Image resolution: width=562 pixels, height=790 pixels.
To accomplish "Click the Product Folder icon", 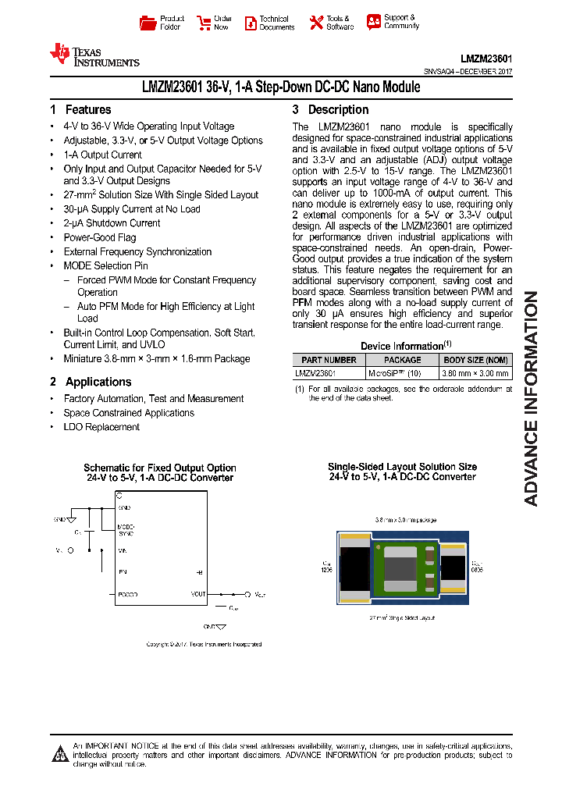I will point(148,23).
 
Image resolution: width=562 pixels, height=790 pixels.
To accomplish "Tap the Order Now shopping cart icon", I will point(204,23).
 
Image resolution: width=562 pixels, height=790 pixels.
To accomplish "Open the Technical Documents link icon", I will point(251,23).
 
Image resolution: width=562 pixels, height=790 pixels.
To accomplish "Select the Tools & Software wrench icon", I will point(316,23).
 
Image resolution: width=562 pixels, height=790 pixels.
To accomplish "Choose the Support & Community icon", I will point(374,22).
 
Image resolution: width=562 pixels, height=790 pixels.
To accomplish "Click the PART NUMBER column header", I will point(329,360).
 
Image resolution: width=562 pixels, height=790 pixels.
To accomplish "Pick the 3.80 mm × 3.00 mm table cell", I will point(476,373).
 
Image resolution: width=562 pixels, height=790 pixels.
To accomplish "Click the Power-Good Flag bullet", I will point(100,237).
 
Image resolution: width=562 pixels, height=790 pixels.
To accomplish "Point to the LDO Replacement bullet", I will point(101,427).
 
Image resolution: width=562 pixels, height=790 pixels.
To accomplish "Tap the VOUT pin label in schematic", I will point(198,594).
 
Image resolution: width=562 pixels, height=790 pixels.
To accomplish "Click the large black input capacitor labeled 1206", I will point(354,568).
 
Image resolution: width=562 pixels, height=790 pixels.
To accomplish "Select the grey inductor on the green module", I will point(403,564).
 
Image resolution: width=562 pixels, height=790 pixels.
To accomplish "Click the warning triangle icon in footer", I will point(60,754).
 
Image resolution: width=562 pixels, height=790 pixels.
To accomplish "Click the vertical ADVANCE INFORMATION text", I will point(531,398).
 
